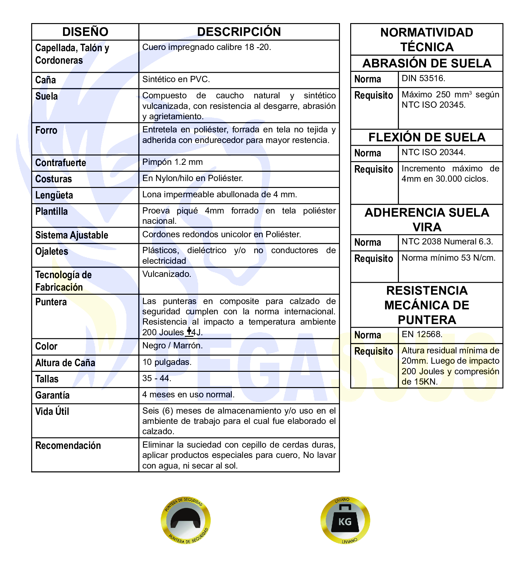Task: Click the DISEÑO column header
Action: [85, 32]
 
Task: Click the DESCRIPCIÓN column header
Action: [239, 32]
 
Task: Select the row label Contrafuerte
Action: [61, 163]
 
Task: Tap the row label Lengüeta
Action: [54, 195]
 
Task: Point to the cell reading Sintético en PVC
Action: [176, 79]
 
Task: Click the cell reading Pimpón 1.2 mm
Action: [172, 162]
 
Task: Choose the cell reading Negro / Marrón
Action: [172, 346]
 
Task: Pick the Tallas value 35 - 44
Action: [157, 378]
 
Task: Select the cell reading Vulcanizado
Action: [167, 274]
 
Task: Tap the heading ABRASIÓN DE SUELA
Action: [427, 63]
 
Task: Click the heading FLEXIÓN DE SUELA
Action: [427, 137]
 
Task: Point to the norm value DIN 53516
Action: [423, 78]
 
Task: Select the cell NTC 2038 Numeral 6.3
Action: [447, 242]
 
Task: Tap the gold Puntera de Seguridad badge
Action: [186, 520]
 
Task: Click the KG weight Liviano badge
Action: [345, 520]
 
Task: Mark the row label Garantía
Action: [52, 395]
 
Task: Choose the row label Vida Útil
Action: [52, 411]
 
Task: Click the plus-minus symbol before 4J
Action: [189, 332]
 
